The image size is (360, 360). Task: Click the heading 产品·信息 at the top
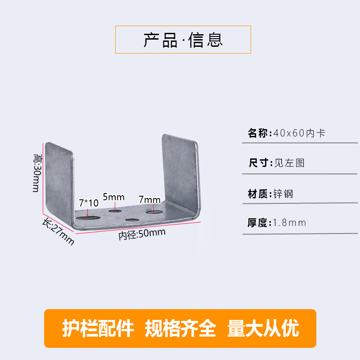tap(183, 40)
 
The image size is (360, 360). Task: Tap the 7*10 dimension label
tap(89, 203)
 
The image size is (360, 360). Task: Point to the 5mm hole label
tap(113, 197)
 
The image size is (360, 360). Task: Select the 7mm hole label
tap(149, 199)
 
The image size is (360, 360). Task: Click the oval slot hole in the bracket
tap(88, 217)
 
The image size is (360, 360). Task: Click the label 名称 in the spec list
tap(258, 133)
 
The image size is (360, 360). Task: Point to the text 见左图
tap(289, 163)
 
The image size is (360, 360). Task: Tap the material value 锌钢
tap(283, 194)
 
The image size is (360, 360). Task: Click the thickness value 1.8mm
tap(289, 222)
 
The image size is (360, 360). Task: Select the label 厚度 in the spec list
tap(258, 222)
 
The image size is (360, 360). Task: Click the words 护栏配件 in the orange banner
tap(98, 328)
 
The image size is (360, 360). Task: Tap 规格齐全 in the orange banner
tap(180, 328)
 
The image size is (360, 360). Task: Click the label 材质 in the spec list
tap(258, 194)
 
